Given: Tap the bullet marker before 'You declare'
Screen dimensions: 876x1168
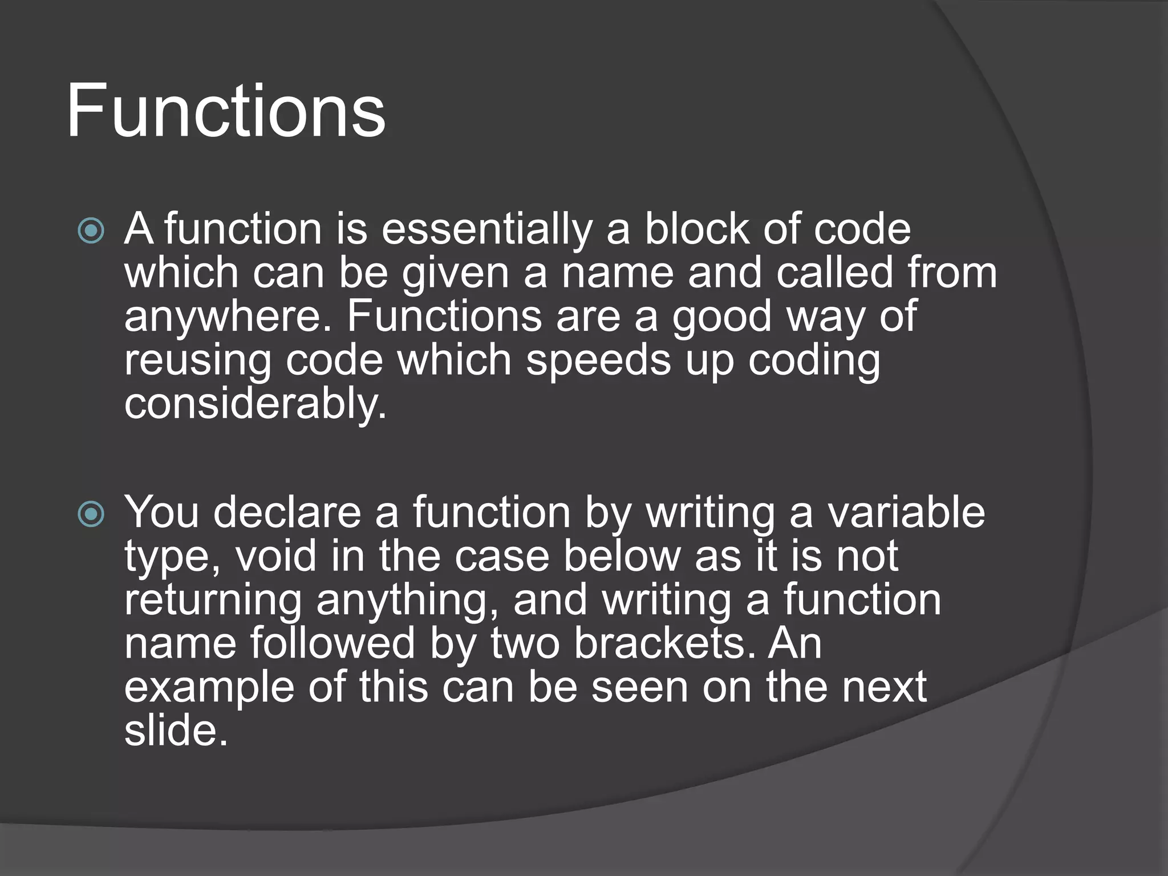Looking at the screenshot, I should [x=91, y=514].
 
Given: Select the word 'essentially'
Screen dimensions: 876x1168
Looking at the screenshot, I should [x=486, y=229].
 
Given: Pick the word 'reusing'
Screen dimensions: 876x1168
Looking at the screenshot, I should [x=197, y=362].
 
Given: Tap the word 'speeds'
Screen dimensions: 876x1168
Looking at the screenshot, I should [x=598, y=362].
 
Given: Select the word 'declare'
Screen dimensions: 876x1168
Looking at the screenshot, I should [x=287, y=512].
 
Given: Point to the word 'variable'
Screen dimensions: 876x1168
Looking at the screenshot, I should [x=906, y=512].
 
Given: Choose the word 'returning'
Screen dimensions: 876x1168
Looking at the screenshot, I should [x=213, y=600].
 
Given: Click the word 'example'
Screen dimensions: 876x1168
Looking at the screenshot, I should [x=209, y=688].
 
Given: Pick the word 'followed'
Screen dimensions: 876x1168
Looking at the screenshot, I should [x=332, y=643].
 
